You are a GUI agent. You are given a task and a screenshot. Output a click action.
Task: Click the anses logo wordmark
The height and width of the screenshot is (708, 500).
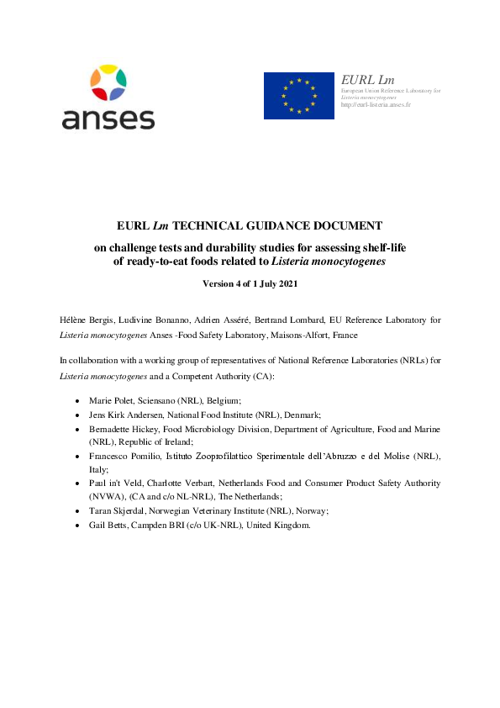pos(108,118)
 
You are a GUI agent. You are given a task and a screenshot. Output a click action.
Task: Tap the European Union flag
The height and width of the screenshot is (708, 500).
pos(298,95)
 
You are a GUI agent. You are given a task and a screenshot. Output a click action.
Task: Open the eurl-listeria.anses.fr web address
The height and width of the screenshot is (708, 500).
pos(376,104)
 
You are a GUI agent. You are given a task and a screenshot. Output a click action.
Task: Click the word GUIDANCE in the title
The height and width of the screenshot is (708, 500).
pos(269,225)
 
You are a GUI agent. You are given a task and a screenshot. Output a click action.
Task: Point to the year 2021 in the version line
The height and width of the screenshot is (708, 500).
pos(283,283)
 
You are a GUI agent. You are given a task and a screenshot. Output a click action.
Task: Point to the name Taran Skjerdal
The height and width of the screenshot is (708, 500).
pos(118,511)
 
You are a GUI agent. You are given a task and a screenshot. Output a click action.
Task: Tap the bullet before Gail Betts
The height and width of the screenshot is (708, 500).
pos(78,526)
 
